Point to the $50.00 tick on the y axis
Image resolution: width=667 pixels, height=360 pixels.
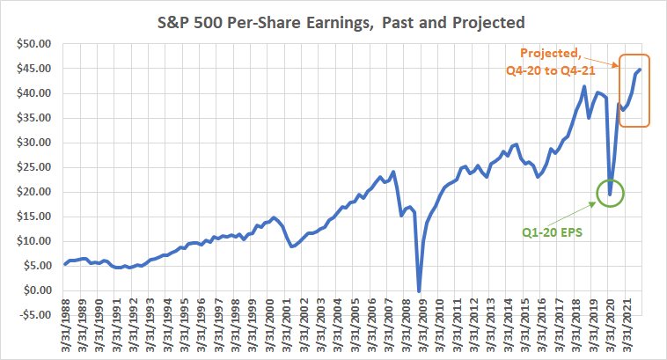(x=32, y=43)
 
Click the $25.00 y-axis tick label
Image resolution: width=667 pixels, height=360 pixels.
(x=32, y=167)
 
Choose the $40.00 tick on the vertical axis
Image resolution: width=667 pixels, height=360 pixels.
(x=32, y=93)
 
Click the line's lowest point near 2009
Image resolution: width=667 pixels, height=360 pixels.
(x=419, y=291)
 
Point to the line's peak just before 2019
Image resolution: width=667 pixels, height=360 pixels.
(x=584, y=86)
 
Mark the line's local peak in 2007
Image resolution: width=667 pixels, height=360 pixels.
(x=393, y=171)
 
